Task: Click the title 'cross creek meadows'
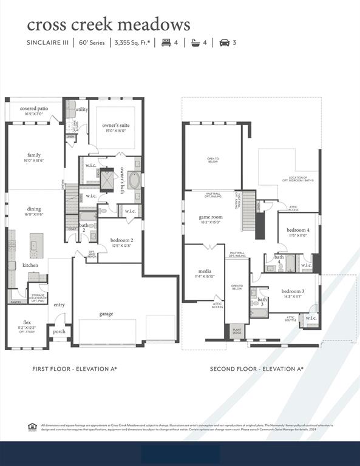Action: coord(108,24)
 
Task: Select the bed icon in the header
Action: coord(165,42)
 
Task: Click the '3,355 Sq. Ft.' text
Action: coord(131,42)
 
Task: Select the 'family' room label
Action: coord(34,155)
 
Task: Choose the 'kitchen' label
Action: coord(31,265)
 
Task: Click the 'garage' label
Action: coord(107,314)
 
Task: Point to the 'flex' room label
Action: coord(27,322)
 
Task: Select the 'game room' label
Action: coord(211,217)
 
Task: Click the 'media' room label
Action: coord(204,271)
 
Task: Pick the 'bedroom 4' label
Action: coord(297,230)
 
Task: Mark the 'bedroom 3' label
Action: coord(293,291)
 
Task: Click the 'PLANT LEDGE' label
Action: coord(237,332)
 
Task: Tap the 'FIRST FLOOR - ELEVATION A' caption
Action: coord(74,368)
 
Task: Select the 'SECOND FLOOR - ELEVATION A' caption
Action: coord(256,368)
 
